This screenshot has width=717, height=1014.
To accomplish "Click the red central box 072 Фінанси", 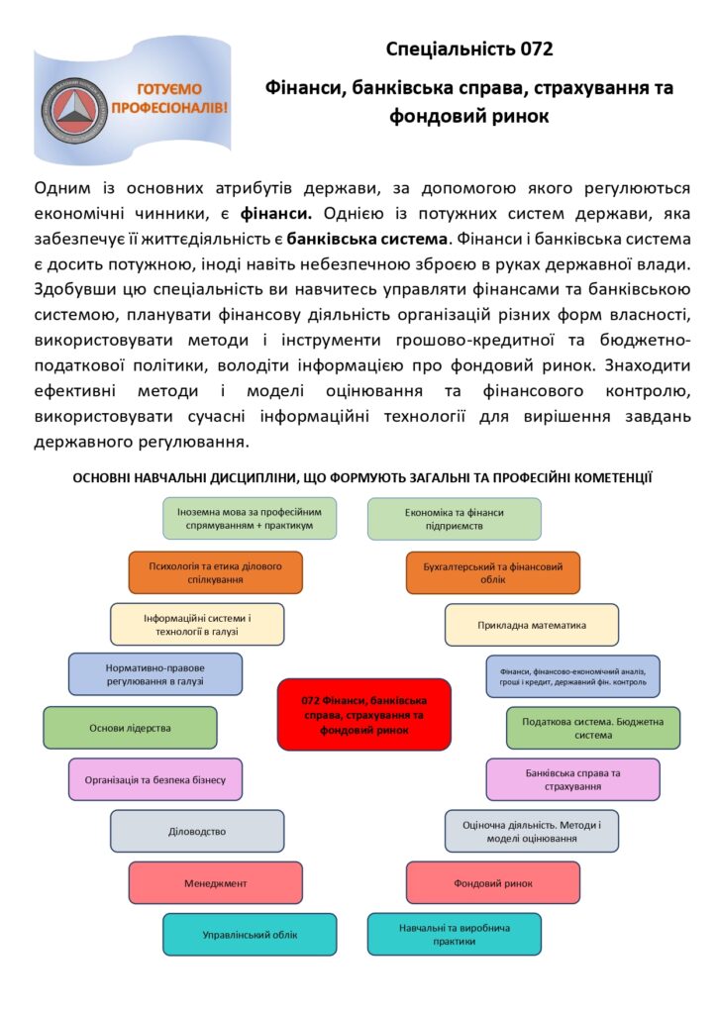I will [x=363, y=714].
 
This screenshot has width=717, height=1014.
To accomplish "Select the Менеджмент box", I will [x=215, y=882].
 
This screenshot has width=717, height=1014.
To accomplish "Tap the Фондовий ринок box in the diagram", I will [x=492, y=882].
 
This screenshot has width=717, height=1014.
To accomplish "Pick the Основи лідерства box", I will [x=130, y=728].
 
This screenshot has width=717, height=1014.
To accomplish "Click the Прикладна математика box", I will [x=531, y=625].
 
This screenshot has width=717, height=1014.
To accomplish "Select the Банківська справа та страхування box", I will [x=572, y=779].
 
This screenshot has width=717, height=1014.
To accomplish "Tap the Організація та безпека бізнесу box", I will [x=154, y=779].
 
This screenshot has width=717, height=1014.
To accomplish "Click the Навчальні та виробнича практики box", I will [x=454, y=934].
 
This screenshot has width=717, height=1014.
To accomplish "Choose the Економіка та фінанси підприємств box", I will [x=454, y=519].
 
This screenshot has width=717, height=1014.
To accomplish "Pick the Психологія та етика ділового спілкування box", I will [x=215, y=572].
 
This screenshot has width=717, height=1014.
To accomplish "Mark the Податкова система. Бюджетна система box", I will [x=592, y=728].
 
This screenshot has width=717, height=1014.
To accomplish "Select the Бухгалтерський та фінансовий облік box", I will [x=492, y=572].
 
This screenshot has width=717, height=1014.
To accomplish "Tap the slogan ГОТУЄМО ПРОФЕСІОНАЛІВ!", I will [x=168, y=96].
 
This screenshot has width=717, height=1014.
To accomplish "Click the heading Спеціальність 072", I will [x=468, y=49].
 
